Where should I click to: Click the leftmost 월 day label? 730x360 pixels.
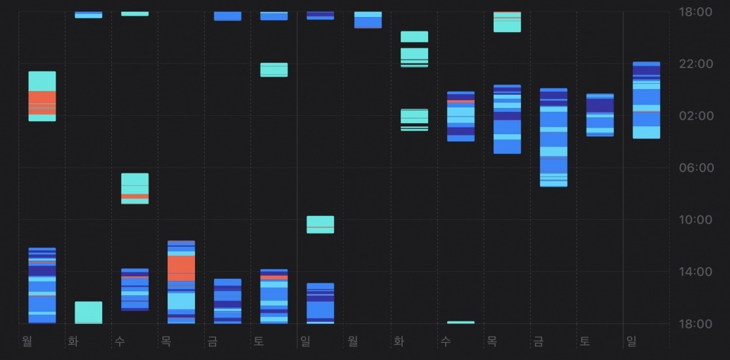point(27,340)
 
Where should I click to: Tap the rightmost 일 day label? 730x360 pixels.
point(631,340)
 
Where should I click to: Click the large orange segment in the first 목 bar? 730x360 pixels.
point(181,268)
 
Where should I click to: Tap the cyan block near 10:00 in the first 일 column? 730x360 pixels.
point(320,225)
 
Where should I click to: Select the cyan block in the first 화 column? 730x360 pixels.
point(88,312)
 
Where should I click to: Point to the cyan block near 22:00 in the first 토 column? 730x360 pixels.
point(274,70)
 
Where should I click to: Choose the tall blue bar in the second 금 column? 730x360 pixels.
point(553,137)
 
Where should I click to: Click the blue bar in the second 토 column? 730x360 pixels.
point(600,115)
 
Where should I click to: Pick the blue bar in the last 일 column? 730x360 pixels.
point(646,100)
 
